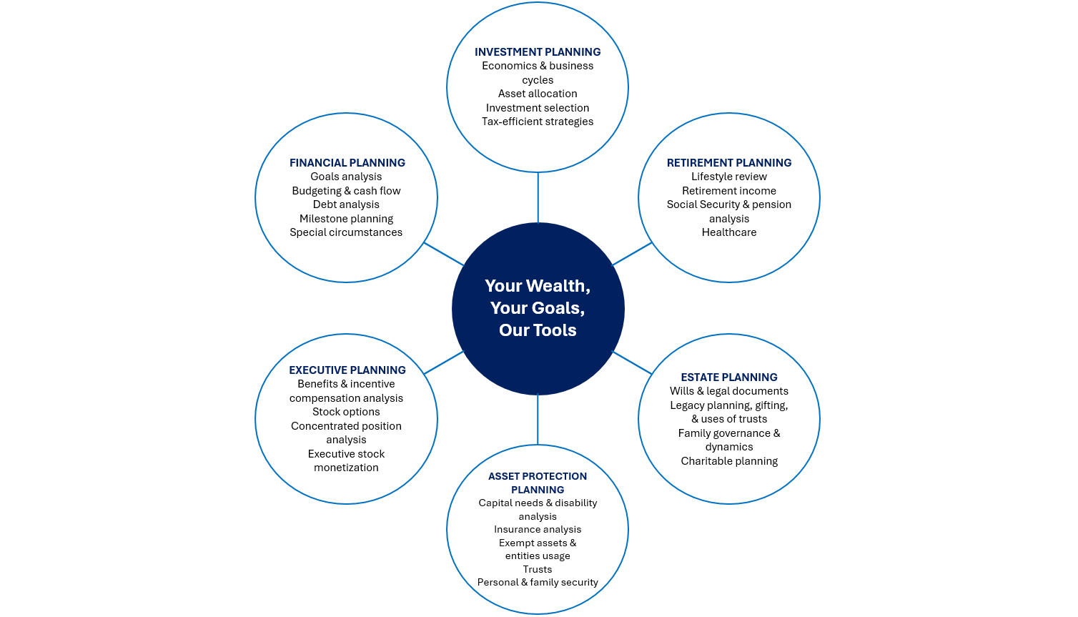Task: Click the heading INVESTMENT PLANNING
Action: (538, 52)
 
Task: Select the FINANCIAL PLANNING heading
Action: (347, 163)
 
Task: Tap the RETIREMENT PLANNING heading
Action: (728, 163)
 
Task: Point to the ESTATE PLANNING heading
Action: (728, 377)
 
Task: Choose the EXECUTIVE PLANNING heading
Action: (347, 370)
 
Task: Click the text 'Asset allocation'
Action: (538, 94)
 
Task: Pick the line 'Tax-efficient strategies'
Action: (538, 122)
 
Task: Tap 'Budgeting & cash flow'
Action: (346, 191)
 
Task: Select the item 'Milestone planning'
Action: (346, 219)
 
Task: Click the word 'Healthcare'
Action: (728, 232)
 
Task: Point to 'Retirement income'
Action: (728, 191)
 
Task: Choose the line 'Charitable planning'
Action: (728, 461)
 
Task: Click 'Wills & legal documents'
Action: (728, 391)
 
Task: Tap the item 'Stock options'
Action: (346, 412)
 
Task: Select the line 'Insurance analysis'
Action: (538, 530)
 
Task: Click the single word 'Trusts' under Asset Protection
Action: (538, 570)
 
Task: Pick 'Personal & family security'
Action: (538, 583)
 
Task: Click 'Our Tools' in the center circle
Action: (538, 330)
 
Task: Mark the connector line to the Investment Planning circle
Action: (538, 198)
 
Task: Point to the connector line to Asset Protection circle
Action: (538, 420)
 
